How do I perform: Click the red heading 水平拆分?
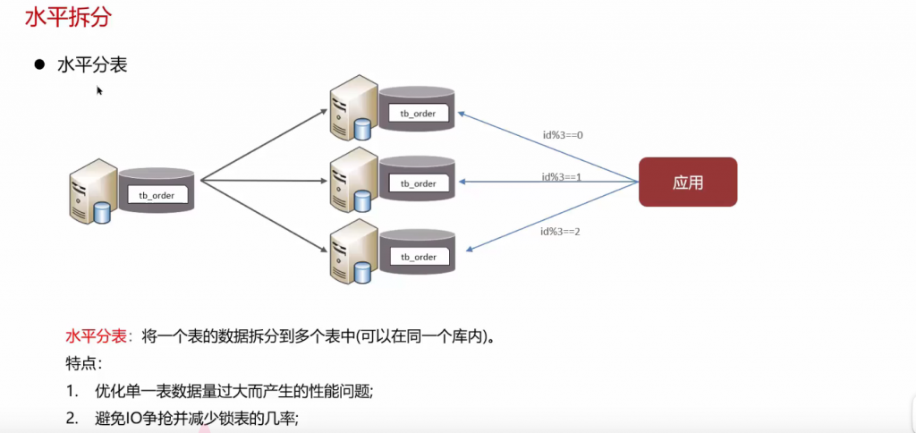coord(55,17)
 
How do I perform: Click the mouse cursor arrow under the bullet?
coord(99,89)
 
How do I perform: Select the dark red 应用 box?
coord(687,183)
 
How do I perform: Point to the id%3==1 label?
coord(562,176)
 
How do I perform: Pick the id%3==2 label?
coord(562,231)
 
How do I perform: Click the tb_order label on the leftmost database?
coord(157,194)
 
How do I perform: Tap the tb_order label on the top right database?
coord(418,113)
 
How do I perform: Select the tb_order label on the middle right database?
coord(418,183)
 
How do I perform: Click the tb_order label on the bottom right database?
coord(418,257)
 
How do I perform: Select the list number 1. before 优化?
coord(72,391)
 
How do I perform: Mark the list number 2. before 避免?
coord(72,418)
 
